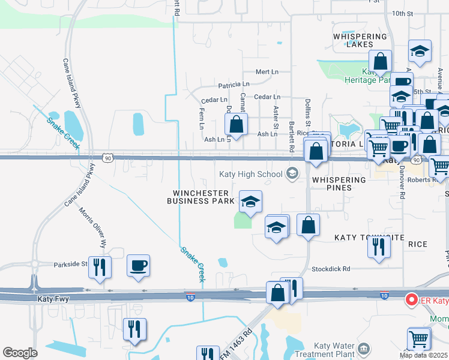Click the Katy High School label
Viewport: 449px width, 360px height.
click(250, 175)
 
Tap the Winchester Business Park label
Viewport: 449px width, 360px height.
click(200, 197)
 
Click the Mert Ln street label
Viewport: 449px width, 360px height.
click(267, 72)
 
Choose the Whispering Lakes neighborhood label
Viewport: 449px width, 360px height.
click(360, 40)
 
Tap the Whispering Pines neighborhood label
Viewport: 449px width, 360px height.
click(339, 184)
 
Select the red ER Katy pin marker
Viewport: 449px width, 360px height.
click(412, 299)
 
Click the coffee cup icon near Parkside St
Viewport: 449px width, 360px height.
click(139, 265)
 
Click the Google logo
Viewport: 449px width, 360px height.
click(20, 352)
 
